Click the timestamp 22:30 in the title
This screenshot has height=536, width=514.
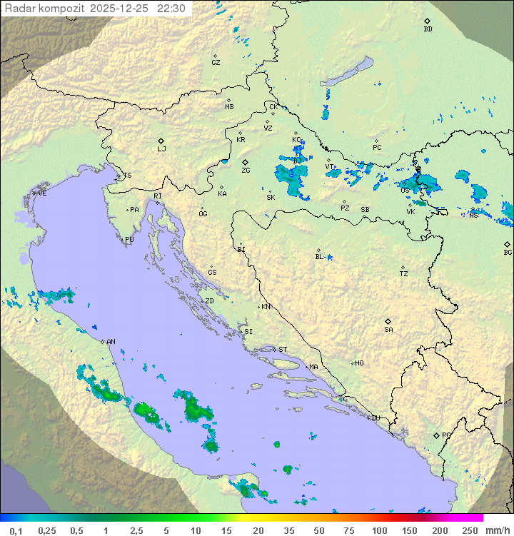click(171, 9)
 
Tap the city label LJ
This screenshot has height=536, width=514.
click(161, 149)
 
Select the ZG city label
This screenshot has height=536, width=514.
click(246, 171)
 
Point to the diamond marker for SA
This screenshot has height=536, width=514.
click(388, 321)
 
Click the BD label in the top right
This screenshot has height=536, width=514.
click(428, 29)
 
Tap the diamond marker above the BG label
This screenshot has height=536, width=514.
click(508, 244)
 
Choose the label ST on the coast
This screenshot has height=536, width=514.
click(283, 350)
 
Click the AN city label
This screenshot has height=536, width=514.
click(111, 342)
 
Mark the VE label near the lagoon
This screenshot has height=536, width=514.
click(42, 193)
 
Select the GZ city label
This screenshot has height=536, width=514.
click(216, 63)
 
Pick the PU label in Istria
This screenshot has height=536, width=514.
click(129, 240)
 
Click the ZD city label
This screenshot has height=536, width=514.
click(209, 301)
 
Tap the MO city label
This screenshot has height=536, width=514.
click(359, 363)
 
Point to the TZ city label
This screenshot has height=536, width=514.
click(404, 274)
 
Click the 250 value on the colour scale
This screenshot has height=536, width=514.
click(469, 530)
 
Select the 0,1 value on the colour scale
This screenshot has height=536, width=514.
click(16, 530)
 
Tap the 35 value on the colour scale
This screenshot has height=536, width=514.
click(288, 530)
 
